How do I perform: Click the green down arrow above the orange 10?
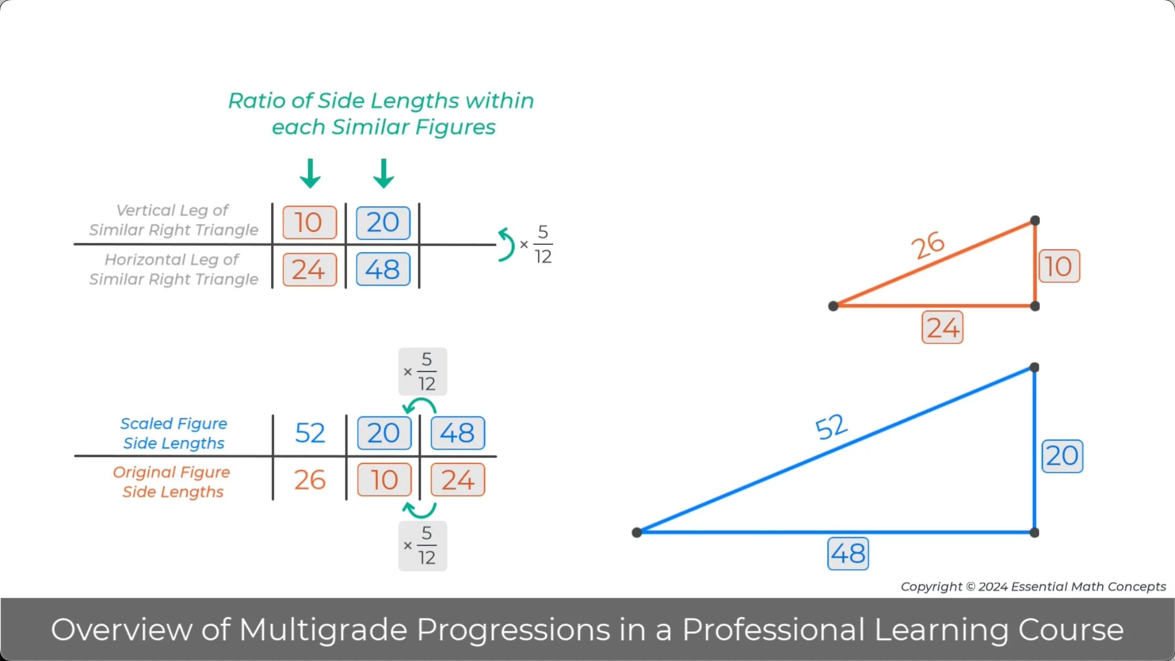310,173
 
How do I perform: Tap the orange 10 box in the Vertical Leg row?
310,222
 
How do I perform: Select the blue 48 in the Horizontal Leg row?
383,269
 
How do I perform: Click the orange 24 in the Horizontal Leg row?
310,269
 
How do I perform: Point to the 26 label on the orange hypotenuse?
928,245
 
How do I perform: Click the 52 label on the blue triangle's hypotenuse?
831,426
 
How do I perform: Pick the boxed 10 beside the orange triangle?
1059,266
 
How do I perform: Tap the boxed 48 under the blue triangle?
848,553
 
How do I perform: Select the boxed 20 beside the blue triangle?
1062,456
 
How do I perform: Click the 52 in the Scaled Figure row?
310,433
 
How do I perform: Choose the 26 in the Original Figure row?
310,480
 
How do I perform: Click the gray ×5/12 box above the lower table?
422,372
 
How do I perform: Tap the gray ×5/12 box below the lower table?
422,546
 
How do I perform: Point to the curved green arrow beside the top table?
506,245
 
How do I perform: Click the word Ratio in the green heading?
257,101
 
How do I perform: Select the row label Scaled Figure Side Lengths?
174,433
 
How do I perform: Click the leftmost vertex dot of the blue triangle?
637,532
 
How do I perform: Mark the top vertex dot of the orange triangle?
1035,220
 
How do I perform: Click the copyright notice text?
1033,587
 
